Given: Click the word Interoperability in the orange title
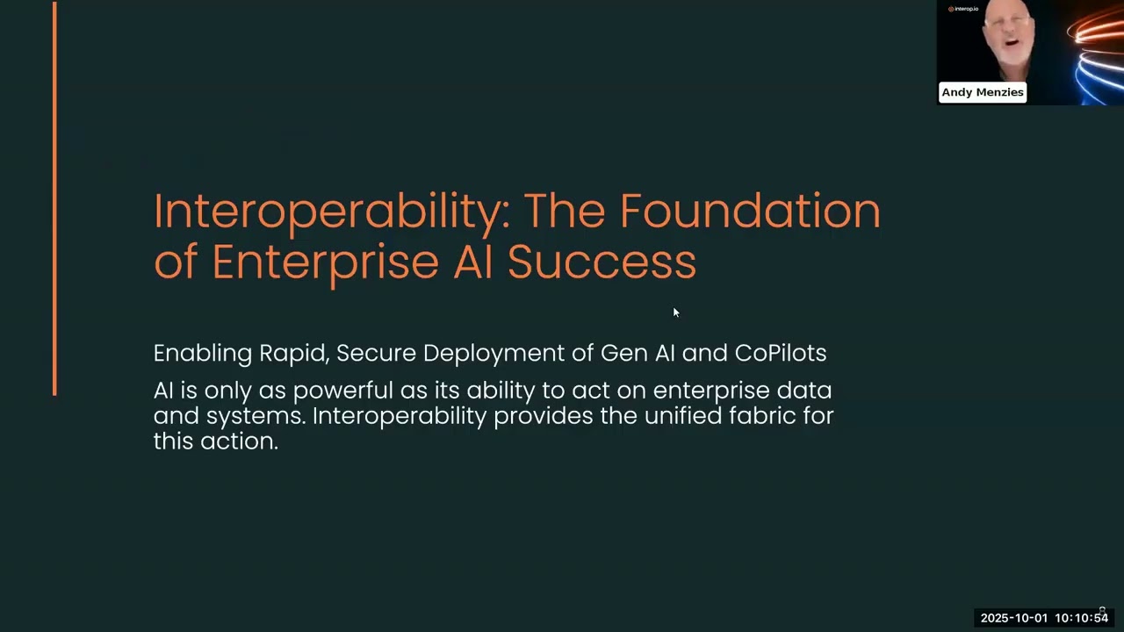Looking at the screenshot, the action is tap(332, 212).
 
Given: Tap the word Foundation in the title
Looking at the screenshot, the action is tap(750, 211).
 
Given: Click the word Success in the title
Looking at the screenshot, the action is tap(602, 262).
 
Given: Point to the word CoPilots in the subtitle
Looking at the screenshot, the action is tap(781, 353).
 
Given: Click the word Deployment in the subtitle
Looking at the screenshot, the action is tap(494, 354).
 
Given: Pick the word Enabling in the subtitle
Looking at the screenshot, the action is tap(203, 354).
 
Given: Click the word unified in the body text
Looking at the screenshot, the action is tap(683, 416).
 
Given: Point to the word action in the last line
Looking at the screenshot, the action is tap(239, 442).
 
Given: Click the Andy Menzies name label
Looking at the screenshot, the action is tap(983, 92).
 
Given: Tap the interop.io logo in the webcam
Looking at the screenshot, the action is tap(963, 9).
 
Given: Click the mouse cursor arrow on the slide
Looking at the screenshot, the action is tap(676, 312).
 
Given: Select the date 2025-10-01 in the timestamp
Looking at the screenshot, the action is tap(1014, 618).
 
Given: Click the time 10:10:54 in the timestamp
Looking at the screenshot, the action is tap(1081, 618).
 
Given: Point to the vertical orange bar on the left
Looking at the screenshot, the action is tap(54, 198).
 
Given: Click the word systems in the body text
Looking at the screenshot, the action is tap(256, 417).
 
